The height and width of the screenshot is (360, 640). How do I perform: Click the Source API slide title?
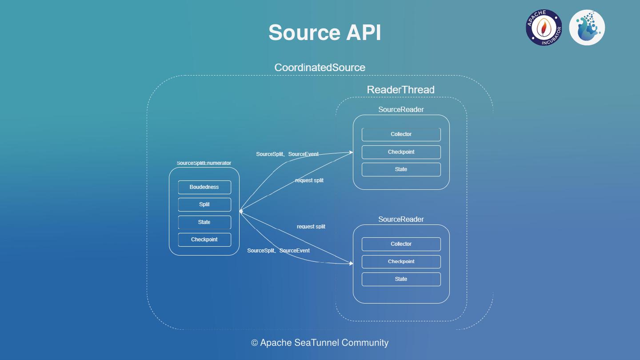tap(325, 32)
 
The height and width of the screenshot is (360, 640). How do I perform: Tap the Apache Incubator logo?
tap(544, 28)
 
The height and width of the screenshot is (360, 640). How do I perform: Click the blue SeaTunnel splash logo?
tap(587, 28)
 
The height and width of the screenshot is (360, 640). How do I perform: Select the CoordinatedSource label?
tap(320, 68)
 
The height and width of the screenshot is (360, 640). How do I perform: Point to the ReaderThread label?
tap(400, 90)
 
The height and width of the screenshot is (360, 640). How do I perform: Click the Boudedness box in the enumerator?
tap(204, 187)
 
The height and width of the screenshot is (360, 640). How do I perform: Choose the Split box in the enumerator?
tap(204, 204)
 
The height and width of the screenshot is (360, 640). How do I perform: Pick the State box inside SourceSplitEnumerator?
tap(204, 222)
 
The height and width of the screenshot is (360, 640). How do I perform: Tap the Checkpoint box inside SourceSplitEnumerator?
tap(204, 240)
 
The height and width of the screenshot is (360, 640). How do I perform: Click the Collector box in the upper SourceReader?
tap(401, 134)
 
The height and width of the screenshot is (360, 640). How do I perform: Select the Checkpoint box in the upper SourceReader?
tap(401, 152)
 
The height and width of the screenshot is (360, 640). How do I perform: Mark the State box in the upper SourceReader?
tap(401, 169)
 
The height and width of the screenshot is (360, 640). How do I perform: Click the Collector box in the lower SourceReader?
tap(401, 244)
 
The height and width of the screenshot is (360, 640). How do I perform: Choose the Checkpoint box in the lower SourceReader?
tap(401, 262)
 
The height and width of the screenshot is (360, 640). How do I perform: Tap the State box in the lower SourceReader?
tap(401, 279)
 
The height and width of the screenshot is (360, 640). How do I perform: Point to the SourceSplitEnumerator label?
tap(204, 163)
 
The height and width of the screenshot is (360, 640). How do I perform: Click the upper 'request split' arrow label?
tap(309, 180)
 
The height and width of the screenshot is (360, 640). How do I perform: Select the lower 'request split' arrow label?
tap(311, 227)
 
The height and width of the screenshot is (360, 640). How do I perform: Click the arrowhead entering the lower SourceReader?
tap(351, 264)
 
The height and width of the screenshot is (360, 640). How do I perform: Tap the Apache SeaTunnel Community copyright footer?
tap(320, 343)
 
